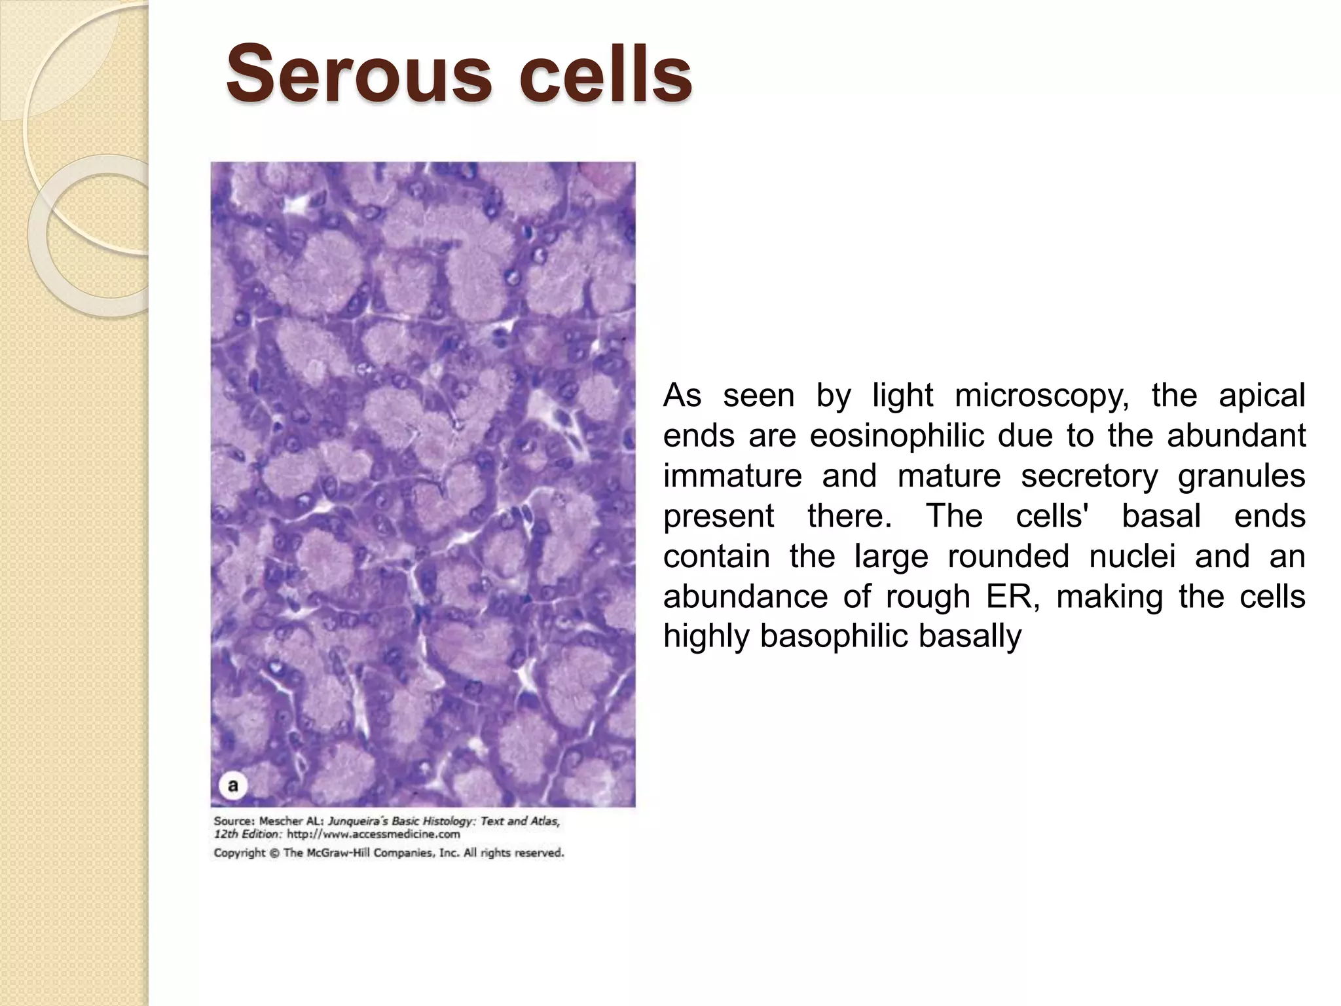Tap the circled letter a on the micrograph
(x=233, y=785)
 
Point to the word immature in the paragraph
(x=732, y=476)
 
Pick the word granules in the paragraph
(x=1241, y=476)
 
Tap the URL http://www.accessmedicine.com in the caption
(x=373, y=834)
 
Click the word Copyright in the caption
(x=240, y=853)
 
